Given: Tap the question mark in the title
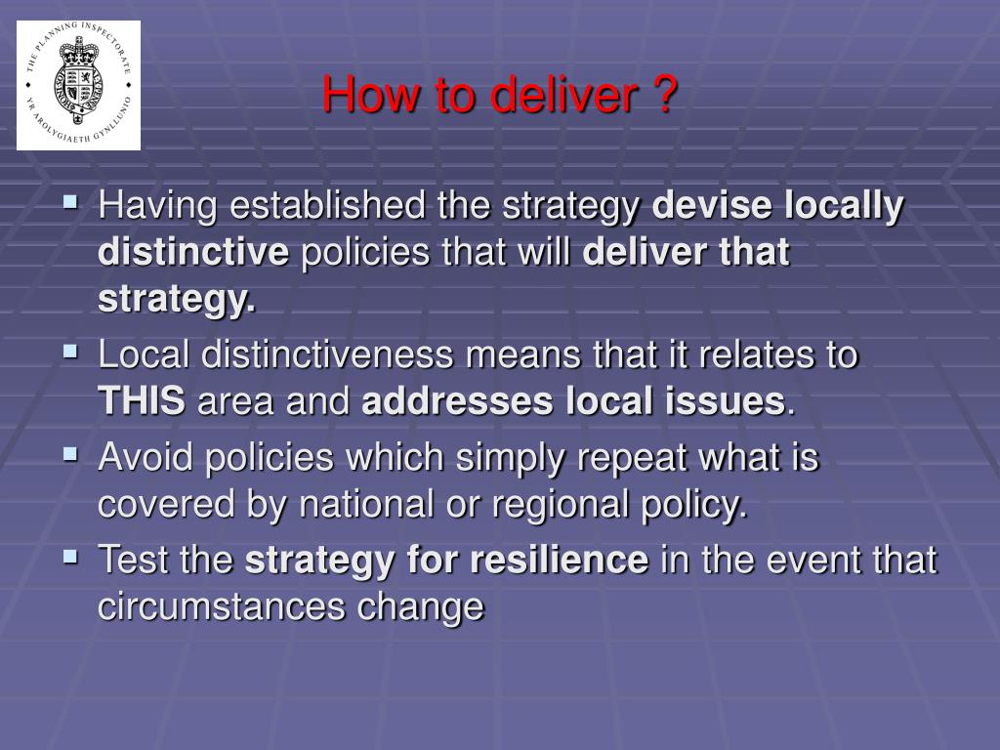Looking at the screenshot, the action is point(664,95).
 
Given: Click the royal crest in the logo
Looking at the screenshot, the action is point(78,80).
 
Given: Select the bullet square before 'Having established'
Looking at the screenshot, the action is point(70,203).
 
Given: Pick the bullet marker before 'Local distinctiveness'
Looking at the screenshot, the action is point(70,352).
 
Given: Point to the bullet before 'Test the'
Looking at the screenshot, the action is point(70,558).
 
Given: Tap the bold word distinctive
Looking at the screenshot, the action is point(193,252).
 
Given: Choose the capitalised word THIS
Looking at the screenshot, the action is point(142,401).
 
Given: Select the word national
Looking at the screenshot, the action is point(366,505).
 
